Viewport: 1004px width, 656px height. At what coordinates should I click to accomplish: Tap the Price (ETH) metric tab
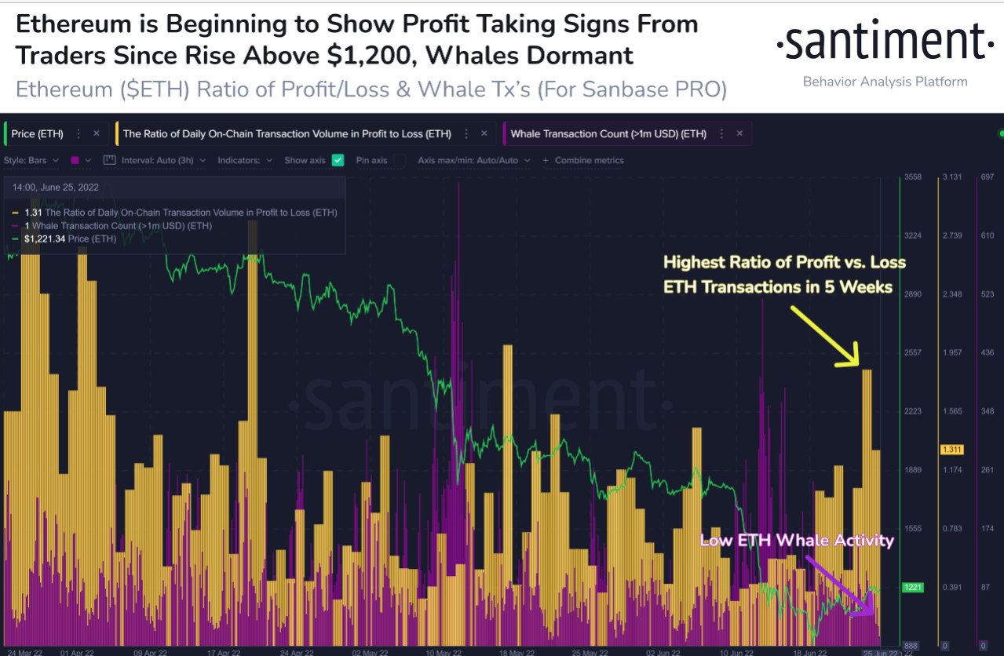[38, 134]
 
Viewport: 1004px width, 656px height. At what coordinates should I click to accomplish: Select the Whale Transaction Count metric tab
[608, 134]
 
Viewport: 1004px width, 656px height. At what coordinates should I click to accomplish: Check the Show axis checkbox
[338, 160]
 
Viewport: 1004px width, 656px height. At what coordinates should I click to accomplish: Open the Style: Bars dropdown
[31, 160]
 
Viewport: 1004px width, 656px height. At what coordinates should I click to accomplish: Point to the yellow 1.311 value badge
[951, 450]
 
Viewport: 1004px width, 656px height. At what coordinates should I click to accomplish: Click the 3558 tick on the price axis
[913, 177]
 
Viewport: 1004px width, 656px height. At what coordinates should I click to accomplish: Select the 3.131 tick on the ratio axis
[951, 177]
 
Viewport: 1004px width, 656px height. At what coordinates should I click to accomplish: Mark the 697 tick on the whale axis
[987, 177]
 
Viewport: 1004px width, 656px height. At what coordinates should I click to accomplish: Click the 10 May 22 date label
[443, 652]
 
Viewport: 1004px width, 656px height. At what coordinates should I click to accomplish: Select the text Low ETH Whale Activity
[796, 541]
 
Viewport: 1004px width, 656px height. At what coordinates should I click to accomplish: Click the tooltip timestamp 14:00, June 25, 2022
[55, 188]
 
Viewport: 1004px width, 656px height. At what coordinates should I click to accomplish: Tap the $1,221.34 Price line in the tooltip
[71, 239]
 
